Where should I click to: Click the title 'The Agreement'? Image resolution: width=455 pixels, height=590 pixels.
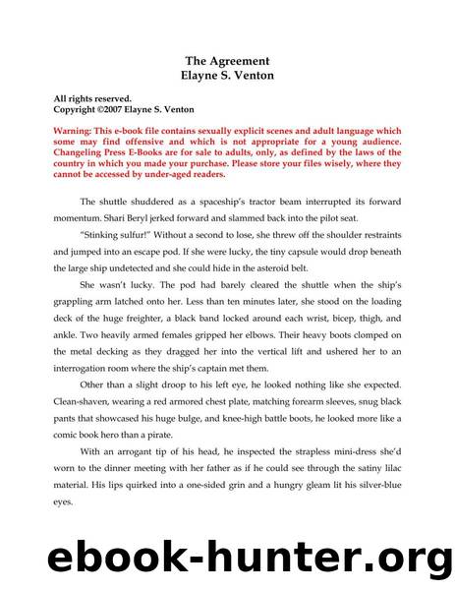tap(227, 61)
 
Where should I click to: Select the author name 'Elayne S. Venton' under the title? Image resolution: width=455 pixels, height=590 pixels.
tap(227, 75)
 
